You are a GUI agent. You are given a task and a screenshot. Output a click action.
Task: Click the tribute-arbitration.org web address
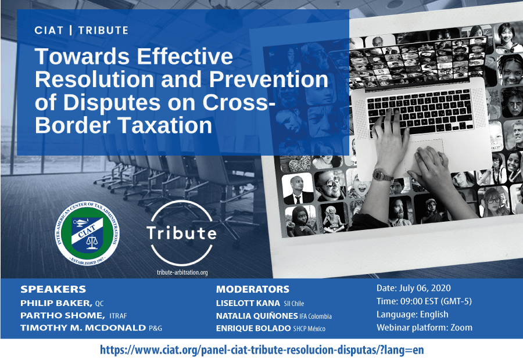pos(182,272)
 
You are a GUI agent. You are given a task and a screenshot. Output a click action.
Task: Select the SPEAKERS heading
pos(53,289)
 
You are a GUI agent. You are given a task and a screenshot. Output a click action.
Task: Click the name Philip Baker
pos(56,303)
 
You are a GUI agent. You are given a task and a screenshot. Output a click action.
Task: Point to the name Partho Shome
pos(62,315)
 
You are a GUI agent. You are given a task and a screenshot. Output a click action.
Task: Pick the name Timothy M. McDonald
pos(83,327)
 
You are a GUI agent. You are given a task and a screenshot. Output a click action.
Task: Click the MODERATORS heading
pos(253,289)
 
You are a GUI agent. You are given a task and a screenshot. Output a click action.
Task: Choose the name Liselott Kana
pos(248,303)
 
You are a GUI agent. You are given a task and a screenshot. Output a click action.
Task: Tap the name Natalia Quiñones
pos(257,316)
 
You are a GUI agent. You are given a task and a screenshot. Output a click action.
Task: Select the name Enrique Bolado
pos(253,328)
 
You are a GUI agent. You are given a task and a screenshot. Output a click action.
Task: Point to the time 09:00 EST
pos(419,301)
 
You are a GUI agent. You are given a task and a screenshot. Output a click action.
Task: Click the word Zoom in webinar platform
pos(461,327)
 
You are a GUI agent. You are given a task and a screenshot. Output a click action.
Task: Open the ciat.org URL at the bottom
pos(262,350)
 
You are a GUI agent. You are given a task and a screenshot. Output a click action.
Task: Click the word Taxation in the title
pos(166,125)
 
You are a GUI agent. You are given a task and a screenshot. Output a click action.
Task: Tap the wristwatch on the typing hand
pos(382,175)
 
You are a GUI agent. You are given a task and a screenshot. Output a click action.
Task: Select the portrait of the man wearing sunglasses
pos(329,185)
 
